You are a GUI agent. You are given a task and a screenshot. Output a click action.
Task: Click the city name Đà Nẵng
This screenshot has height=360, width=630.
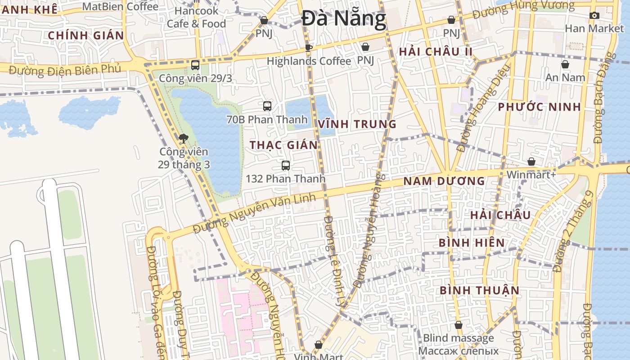344,19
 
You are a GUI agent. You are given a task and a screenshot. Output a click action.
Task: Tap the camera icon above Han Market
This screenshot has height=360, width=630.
594,16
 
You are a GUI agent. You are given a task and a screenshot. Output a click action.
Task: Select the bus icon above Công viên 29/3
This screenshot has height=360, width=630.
195,65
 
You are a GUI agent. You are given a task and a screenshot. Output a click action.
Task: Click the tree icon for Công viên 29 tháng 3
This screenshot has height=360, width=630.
183,138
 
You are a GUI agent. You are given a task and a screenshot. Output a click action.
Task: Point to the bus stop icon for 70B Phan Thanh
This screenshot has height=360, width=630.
267,106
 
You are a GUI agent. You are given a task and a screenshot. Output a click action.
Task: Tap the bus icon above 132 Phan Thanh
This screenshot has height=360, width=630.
285,166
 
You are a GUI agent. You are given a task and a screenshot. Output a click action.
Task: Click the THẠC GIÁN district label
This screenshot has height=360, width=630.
283,145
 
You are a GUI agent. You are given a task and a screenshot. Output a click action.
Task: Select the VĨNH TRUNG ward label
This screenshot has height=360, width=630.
357,124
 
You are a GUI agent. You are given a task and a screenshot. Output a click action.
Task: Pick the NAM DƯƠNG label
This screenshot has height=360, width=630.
444,181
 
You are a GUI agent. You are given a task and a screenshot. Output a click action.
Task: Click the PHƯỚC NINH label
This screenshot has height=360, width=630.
539,107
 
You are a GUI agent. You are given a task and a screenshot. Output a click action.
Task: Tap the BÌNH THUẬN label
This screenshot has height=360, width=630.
479,290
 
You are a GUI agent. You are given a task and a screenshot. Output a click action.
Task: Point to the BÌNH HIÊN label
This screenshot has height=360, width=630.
472,243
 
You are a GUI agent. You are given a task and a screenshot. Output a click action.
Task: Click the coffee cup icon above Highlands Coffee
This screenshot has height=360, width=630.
309,48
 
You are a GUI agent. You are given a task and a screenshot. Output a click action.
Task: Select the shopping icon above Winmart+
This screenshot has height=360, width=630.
531,162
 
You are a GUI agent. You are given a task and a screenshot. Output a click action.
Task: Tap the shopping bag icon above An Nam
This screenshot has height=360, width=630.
565,65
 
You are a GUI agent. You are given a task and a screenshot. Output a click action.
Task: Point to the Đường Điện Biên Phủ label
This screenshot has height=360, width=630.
65,70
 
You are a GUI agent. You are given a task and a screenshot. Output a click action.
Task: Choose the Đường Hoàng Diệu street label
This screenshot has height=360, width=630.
483,108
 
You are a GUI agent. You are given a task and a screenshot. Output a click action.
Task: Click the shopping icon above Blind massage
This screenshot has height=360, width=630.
458,325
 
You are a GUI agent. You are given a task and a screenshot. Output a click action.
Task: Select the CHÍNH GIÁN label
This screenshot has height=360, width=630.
85,35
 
